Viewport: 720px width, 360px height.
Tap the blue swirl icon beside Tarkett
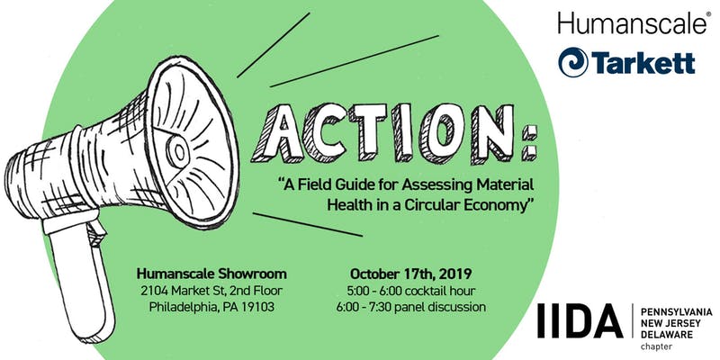pos(573,62)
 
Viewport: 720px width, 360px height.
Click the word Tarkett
pos(643,62)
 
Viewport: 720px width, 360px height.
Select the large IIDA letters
pos(580,320)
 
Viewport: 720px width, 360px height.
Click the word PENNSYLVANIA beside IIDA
pos(677,312)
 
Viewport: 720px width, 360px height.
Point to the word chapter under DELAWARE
pos(656,346)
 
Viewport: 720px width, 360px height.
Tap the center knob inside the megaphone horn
pos(177,150)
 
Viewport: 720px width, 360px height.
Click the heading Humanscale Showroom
pos(211,274)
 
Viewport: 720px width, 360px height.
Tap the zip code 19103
pos(257,306)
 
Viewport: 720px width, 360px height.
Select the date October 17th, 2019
pos(411,274)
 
